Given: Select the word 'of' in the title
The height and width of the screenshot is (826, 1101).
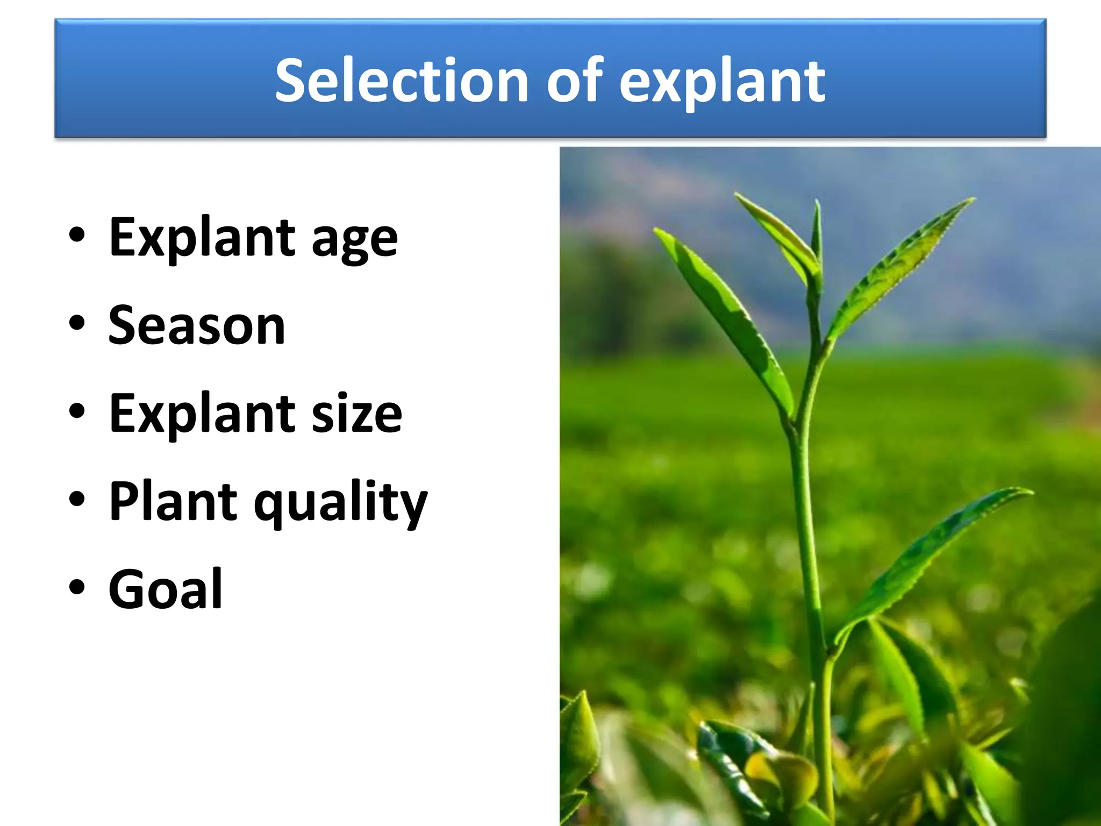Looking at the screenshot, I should coord(575,81).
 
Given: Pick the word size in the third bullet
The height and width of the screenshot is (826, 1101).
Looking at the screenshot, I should coord(357,413).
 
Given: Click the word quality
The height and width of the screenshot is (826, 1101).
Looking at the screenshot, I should coord(340,503).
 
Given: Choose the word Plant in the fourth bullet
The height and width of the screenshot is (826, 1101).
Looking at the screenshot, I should coord(173,501).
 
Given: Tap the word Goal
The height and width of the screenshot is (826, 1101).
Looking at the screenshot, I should coord(166,589).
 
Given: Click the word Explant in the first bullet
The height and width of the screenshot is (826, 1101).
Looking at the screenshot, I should coord(202,238).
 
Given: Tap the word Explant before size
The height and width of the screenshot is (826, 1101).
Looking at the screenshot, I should coord(202,413).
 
